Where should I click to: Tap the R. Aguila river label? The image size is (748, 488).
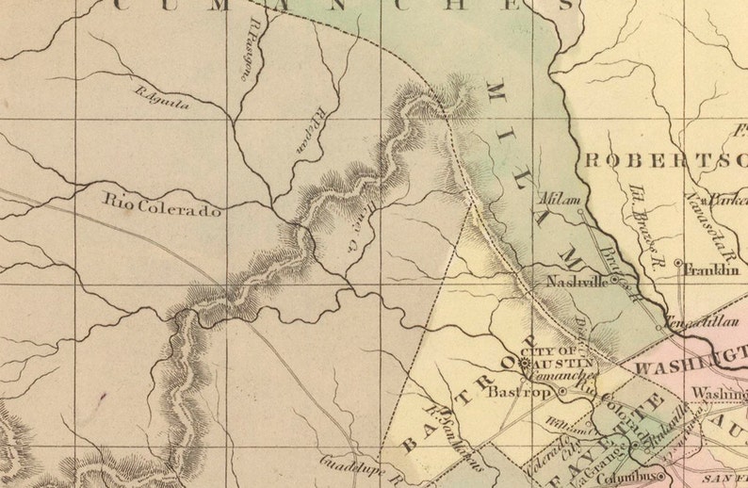(x=162, y=99)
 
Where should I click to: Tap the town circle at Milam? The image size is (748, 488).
(x=579, y=212)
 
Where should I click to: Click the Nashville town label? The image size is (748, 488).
(x=577, y=281)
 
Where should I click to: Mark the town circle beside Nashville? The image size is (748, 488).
(x=613, y=280)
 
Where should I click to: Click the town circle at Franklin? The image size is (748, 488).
(x=678, y=262)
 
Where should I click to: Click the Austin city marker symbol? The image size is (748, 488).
(x=524, y=361)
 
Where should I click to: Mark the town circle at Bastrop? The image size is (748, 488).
(x=562, y=390)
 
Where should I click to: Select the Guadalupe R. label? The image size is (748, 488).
(x=362, y=468)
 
